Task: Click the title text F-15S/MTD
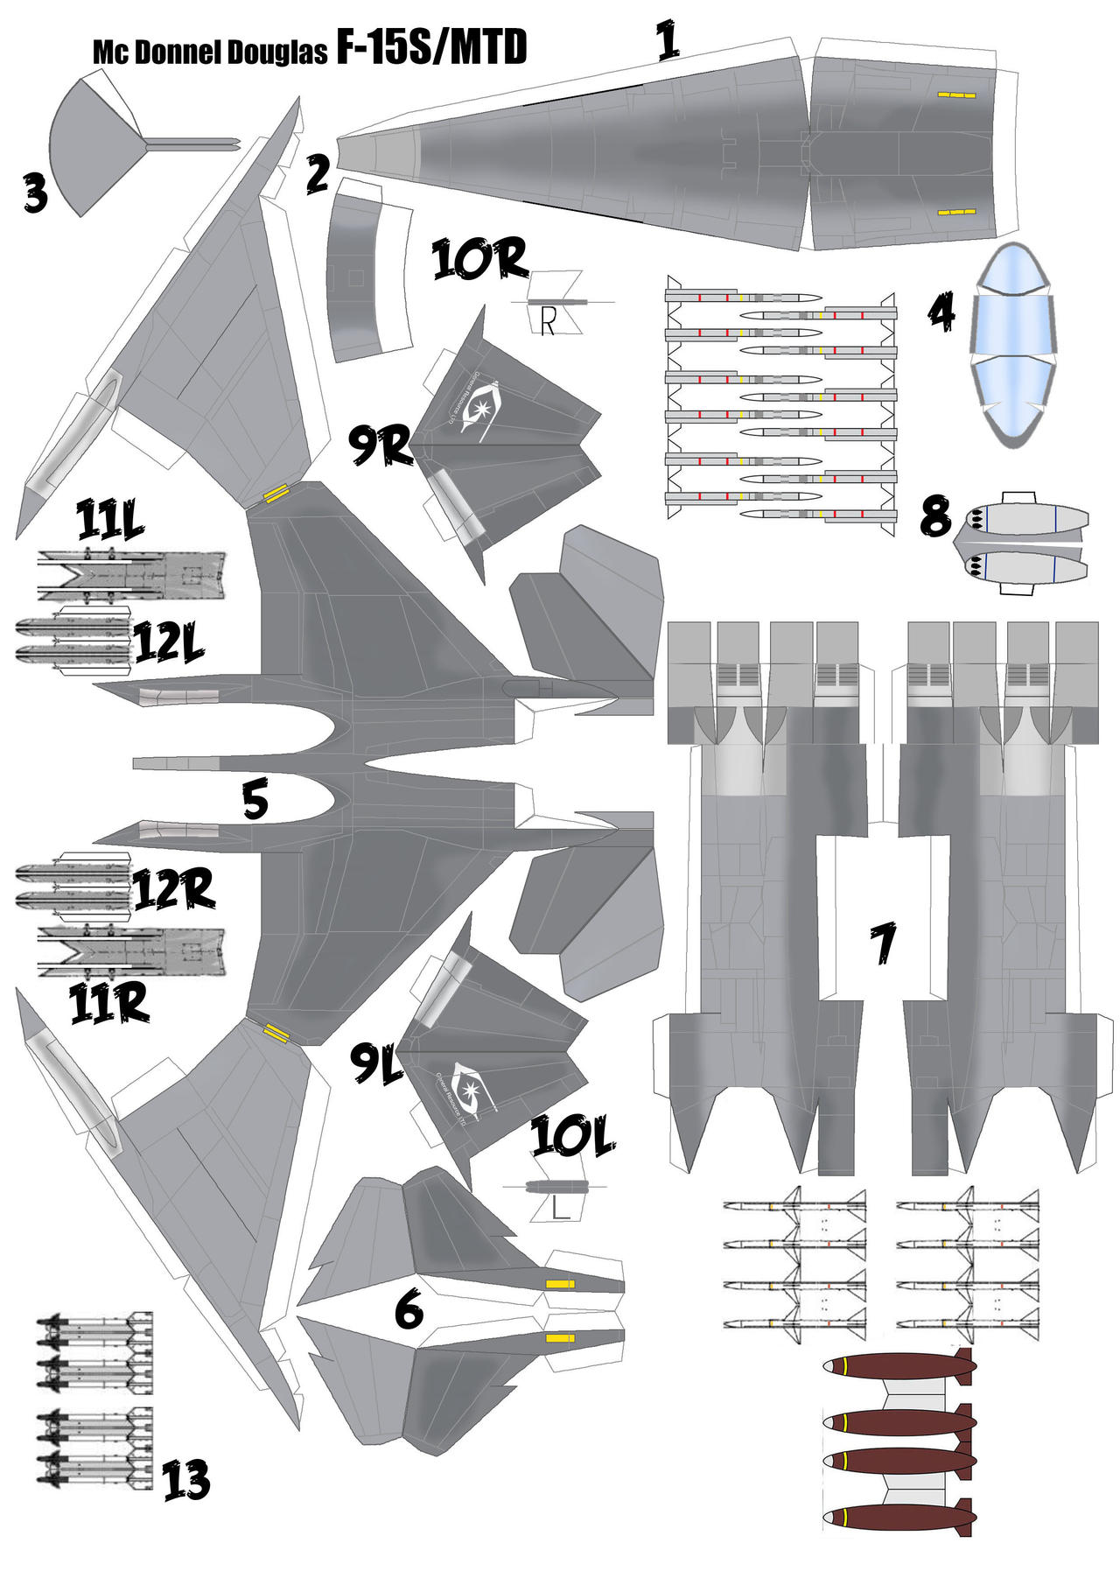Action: pos(431,47)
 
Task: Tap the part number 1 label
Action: pos(668,40)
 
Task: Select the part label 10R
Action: pos(479,259)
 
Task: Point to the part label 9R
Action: pos(379,445)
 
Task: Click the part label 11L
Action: pos(109,521)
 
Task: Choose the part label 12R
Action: pos(173,891)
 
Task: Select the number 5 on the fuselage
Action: pos(255,800)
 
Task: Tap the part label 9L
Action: pos(376,1063)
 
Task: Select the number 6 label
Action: pos(409,1309)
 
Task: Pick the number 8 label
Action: pos(934,516)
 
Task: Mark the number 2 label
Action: pos(317,173)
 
